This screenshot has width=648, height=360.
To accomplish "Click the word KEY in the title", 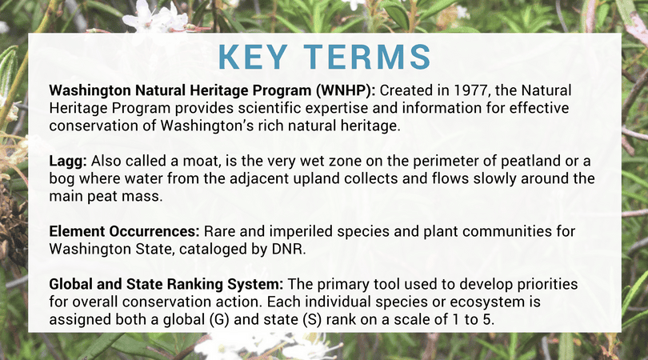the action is [x=253, y=57].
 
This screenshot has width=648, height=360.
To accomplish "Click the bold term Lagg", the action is [x=68, y=161].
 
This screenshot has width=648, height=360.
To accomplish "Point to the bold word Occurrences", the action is [x=154, y=231].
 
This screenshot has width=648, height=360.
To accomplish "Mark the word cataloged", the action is [x=213, y=250].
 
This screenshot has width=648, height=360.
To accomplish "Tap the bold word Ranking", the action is [x=195, y=284].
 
